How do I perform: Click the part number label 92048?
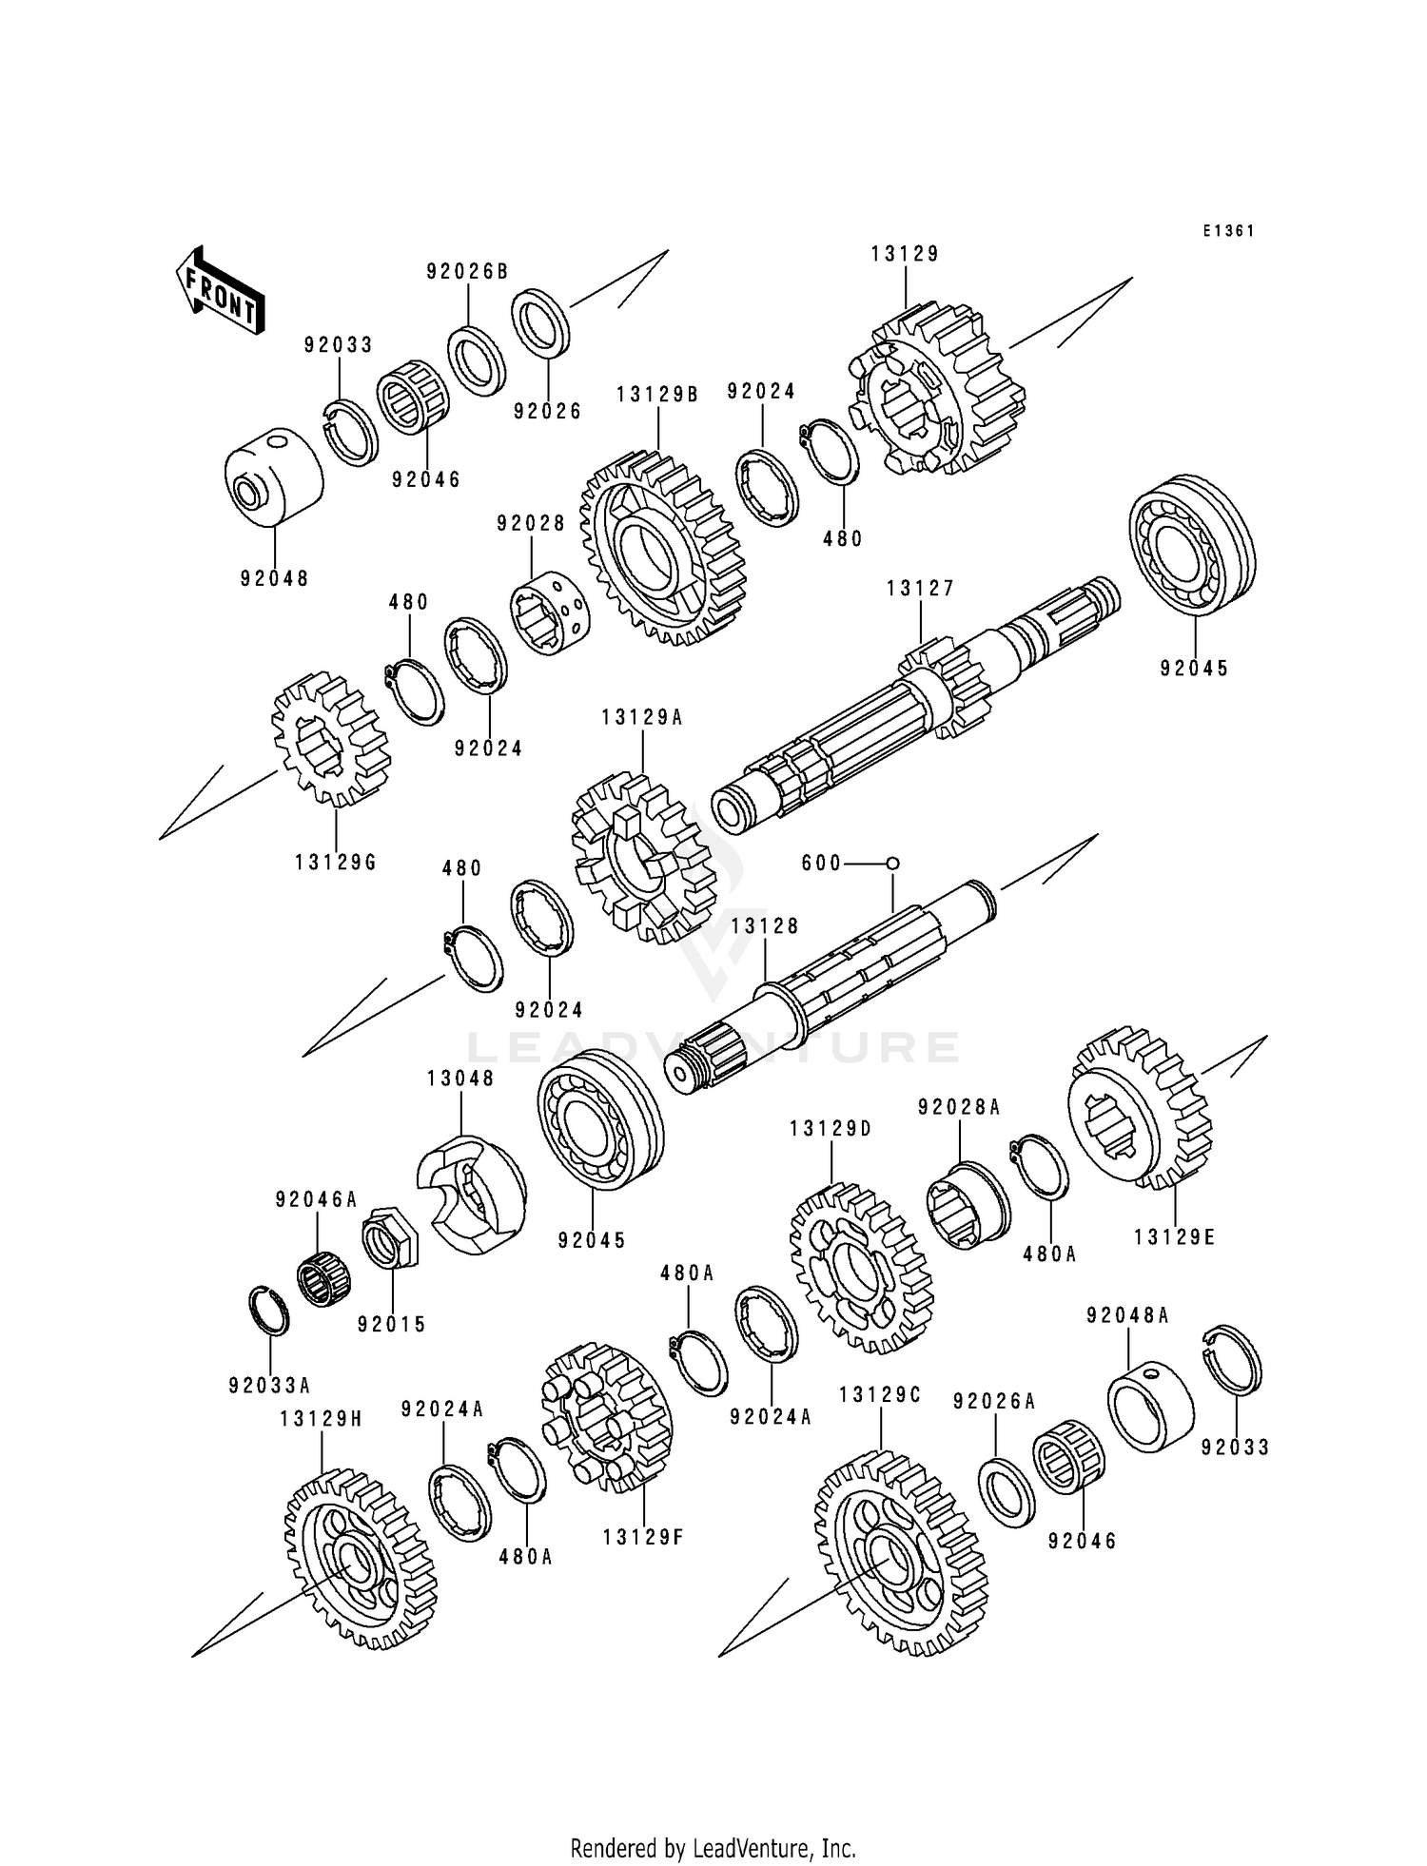pos(274,578)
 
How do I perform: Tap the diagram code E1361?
pos(1227,231)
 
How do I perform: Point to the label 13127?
pos(920,589)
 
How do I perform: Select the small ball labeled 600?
pos(892,863)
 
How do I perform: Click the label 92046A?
pos(317,1200)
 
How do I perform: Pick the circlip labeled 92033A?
pos(269,1312)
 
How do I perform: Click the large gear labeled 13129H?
pos(359,1558)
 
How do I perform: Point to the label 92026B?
pos(467,272)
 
